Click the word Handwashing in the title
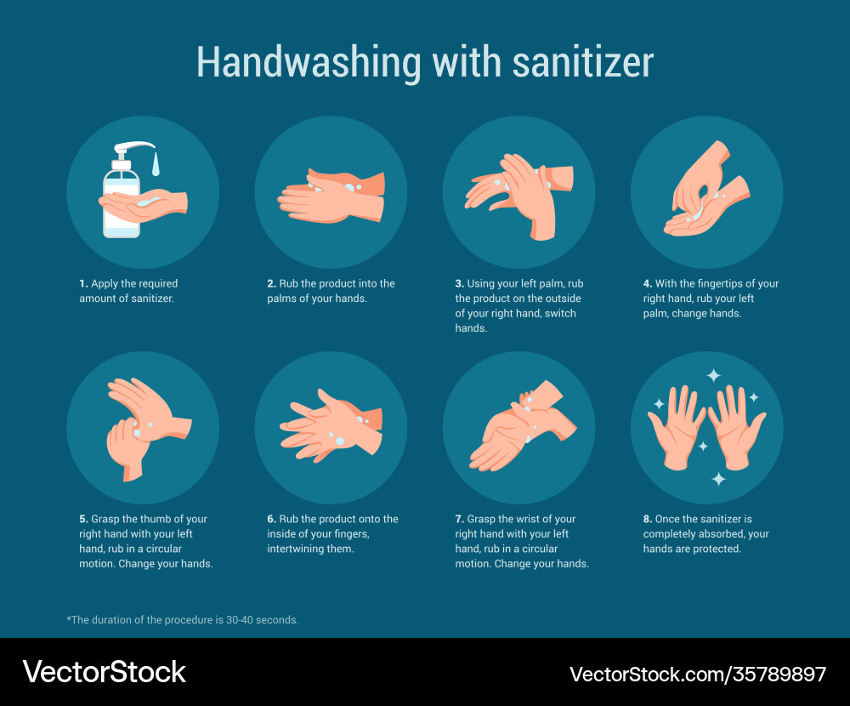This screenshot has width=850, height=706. [308, 63]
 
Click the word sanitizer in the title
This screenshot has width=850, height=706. [581, 63]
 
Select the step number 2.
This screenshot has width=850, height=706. [271, 284]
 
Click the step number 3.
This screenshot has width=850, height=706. [459, 284]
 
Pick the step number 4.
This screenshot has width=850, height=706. [647, 284]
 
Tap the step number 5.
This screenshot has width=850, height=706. [83, 519]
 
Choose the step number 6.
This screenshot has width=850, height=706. [271, 519]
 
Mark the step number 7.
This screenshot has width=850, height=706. [459, 519]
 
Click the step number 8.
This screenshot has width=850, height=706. [647, 519]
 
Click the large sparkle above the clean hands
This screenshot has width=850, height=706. [713, 375]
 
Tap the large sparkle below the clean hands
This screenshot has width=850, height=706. [718, 479]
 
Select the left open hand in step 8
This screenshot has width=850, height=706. [677, 425]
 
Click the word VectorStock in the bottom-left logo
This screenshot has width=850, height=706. [104, 672]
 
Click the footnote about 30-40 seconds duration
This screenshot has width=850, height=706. [183, 620]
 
